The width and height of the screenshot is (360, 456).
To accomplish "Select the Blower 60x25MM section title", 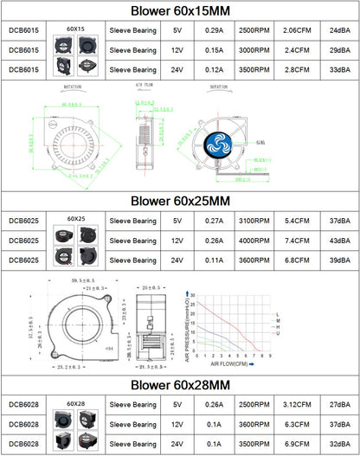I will pos(180,201).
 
